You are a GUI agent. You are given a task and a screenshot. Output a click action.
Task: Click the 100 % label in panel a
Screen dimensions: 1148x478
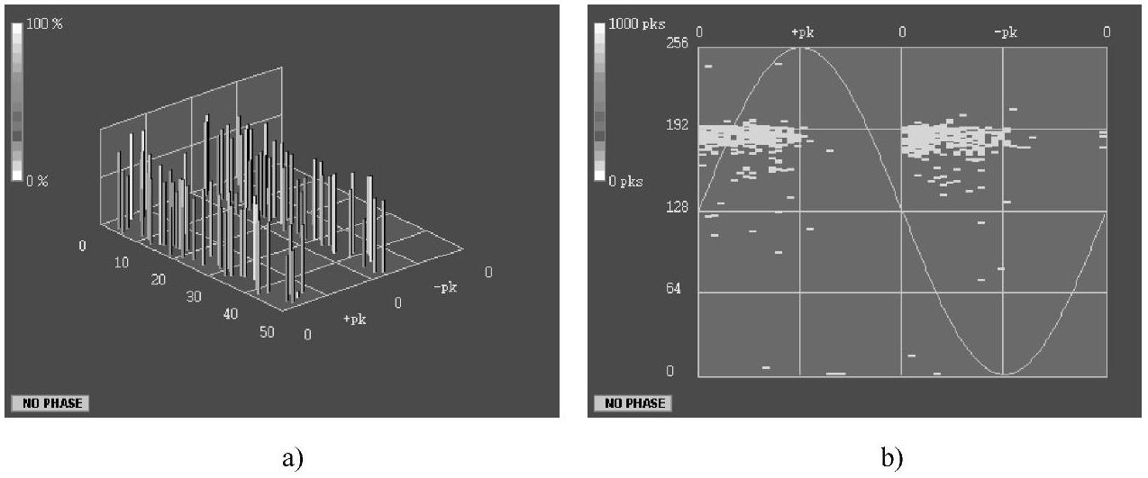click(x=44, y=23)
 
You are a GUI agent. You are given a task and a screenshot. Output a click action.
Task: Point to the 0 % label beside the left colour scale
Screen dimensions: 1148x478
click(x=37, y=181)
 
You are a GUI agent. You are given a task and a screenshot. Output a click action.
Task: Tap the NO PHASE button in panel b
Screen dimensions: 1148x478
click(x=633, y=403)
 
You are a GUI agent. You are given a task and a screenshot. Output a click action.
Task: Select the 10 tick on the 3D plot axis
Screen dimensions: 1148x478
click(x=121, y=263)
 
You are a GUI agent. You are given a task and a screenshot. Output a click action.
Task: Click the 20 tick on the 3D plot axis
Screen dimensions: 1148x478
click(x=158, y=279)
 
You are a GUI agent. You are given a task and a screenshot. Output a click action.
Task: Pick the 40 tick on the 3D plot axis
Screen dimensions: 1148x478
click(x=231, y=314)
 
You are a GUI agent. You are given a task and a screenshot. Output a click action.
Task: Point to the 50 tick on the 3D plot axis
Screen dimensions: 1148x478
click(x=267, y=332)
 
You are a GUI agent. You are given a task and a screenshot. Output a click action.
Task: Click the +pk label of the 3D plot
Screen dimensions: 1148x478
click(x=355, y=320)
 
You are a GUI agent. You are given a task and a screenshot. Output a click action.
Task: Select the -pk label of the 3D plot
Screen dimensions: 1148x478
click(x=445, y=288)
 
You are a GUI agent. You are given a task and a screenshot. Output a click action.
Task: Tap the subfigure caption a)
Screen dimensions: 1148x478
click(x=293, y=457)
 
